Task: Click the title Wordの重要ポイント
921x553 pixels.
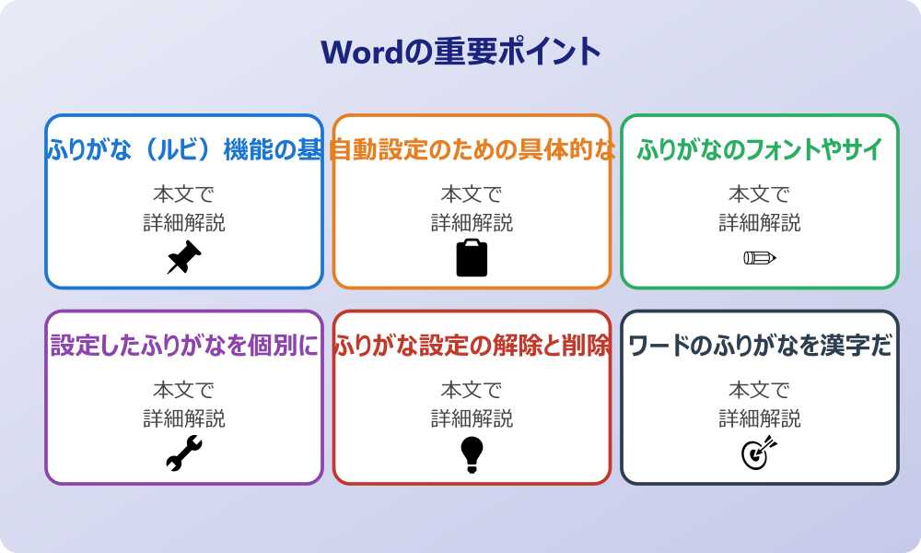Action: (x=460, y=51)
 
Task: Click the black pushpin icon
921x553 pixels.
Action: (x=183, y=258)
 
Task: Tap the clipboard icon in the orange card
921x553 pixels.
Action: (x=472, y=258)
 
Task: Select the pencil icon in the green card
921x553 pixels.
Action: (x=759, y=257)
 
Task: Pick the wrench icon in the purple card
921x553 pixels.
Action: (x=183, y=454)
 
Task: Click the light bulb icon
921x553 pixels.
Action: (x=472, y=454)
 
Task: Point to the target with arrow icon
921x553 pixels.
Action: (x=759, y=453)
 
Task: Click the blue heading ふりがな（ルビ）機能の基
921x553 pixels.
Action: (x=184, y=149)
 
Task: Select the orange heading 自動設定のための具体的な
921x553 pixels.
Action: (x=472, y=149)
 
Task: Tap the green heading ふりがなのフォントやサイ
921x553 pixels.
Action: (x=760, y=149)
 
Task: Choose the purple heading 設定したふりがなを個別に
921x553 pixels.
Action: (x=184, y=346)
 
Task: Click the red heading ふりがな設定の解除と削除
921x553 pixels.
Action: (x=472, y=346)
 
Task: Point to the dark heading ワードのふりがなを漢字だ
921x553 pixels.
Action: (x=760, y=346)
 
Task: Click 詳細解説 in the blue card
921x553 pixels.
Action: (x=184, y=223)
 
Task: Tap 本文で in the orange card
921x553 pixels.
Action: (x=472, y=194)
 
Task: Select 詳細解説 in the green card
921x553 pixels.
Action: (x=760, y=223)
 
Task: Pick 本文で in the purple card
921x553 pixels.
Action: (x=184, y=391)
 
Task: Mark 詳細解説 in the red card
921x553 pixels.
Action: (x=472, y=419)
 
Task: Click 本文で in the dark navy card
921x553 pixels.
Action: (x=760, y=391)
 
